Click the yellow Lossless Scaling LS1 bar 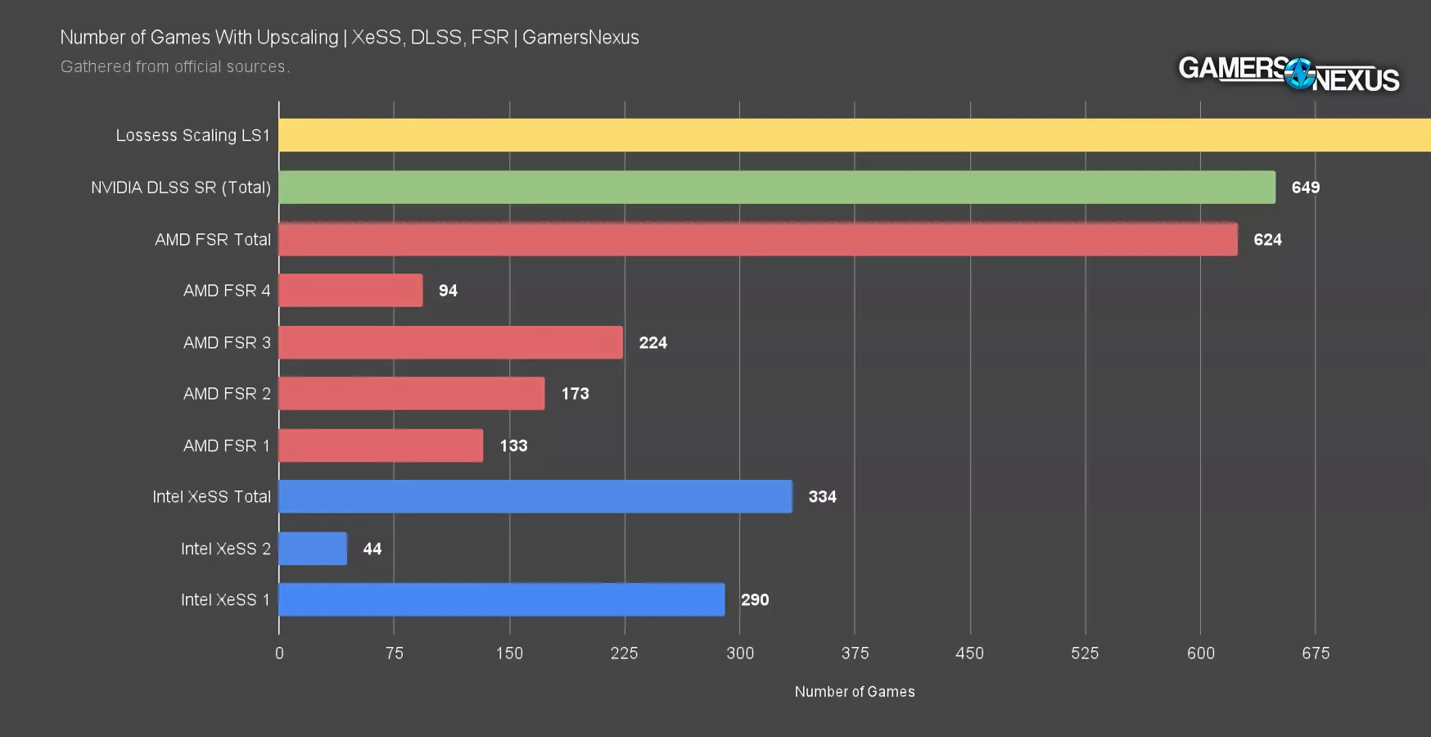click(854, 135)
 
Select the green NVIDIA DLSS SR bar click(776, 188)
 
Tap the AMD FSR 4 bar click(350, 291)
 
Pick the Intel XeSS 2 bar click(313, 549)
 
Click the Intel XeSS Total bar click(535, 497)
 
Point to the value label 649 click(1305, 188)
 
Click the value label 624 click(1267, 240)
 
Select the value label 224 click(652, 343)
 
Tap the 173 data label click(575, 394)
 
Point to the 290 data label click(754, 600)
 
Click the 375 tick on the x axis click(855, 653)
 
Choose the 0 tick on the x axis click(279, 653)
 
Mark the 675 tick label click(1316, 653)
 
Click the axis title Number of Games click(854, 692)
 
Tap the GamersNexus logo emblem click(1299, 74)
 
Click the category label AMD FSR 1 click(226, 446)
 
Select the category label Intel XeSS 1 click(225, 600)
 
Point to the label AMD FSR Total click(212, 240)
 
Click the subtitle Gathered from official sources click(174, 67)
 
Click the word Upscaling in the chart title click(296, 38)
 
